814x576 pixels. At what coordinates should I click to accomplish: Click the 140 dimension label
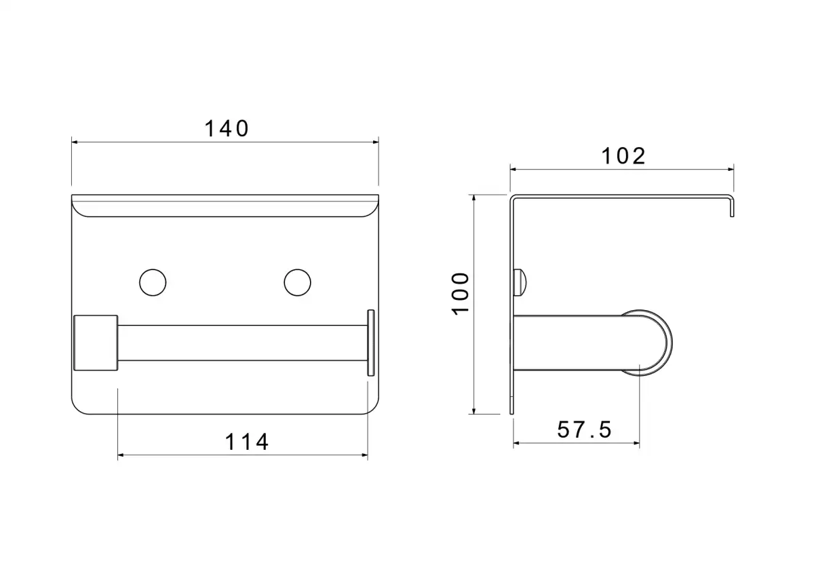click(227, 129)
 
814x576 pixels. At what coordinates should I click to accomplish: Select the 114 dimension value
click(247, 442)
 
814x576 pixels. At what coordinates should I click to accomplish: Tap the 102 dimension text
click(623, 156)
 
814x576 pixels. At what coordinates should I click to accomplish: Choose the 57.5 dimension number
click(584, 429)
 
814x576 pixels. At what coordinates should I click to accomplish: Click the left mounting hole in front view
click(153, 282)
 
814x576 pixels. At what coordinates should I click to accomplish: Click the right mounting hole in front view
click(297, 282)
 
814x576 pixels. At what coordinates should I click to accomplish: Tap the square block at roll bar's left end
click(96, 343)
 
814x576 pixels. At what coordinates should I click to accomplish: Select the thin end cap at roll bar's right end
click(370, 343)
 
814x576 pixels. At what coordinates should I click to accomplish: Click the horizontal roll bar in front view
click(242, 343)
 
